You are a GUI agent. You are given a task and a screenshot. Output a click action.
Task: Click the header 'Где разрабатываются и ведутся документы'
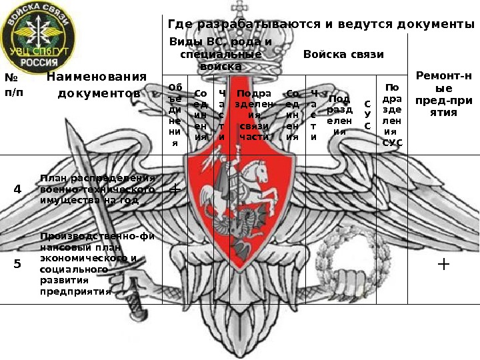[321, 25]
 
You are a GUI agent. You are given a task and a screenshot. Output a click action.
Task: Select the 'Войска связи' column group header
[343, 54]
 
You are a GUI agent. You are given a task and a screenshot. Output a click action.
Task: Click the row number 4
[17, 189]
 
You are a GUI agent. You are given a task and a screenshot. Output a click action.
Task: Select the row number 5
[17, 263]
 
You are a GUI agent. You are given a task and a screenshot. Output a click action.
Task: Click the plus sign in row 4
[175, 189]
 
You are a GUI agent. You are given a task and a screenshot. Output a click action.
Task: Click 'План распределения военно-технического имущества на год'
[97, 189]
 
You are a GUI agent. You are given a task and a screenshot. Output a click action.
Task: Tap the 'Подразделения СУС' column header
[392, 115]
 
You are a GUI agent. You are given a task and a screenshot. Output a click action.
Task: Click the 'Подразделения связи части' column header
[254, 115]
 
